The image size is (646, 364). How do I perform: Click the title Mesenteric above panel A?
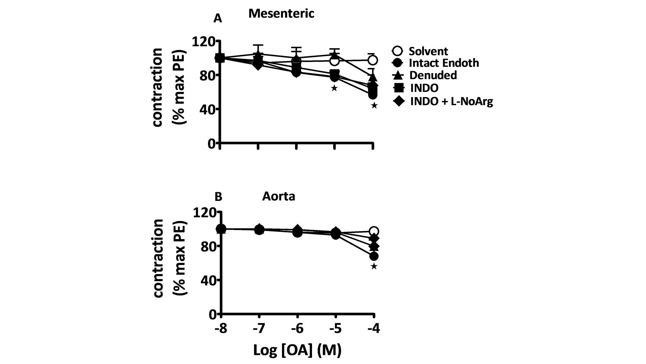tap(281, 14)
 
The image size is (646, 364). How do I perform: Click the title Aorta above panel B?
tap(278, 196)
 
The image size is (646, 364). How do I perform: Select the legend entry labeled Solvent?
tap(428, 51)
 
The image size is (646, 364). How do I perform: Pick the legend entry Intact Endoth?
tap(443, 63)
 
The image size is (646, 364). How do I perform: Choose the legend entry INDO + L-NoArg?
tap(451, 101)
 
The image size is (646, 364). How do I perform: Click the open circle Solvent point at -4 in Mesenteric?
tap(373, 60)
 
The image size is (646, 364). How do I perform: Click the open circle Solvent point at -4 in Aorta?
tap(374, 231)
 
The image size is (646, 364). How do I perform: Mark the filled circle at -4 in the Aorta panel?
tap(374, 256)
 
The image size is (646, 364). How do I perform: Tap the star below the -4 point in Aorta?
tap(374, 266)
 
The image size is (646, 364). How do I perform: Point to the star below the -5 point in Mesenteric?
tap(334, 88)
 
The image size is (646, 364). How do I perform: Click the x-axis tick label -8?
tap(221, 329)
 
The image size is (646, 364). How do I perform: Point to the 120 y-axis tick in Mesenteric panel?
tap(204, 41)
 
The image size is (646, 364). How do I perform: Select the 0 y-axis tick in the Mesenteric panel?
tap(212, 143)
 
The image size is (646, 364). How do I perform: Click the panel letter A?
tap(218, 19)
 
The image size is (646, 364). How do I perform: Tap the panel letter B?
tap(218, 197)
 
